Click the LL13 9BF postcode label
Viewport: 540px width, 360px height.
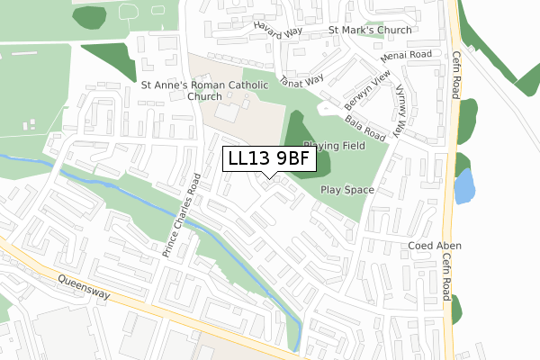270,158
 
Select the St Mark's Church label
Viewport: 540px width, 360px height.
370,30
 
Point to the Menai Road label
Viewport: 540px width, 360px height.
407,54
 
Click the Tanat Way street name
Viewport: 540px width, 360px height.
302,82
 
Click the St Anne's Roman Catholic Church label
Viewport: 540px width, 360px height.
204,91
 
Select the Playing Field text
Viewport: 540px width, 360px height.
333,145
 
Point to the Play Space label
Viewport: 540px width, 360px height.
346,191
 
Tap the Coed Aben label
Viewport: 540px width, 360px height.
434,246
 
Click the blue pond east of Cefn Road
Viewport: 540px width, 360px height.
463,186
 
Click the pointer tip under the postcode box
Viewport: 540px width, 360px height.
270,177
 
